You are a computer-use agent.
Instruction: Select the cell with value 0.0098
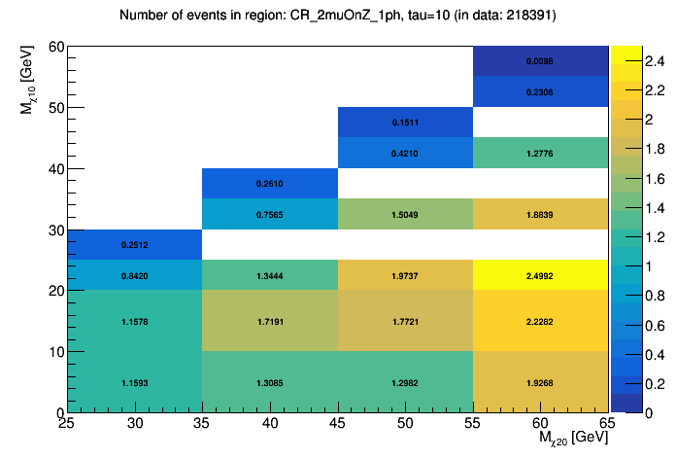point(540,61)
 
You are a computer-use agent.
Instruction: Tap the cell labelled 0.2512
point(134,244)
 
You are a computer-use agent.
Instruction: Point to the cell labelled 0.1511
point(405,123)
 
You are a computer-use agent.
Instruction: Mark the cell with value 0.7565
point(270,214)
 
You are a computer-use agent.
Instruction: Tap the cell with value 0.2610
point(270,184)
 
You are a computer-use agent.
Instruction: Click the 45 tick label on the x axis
point(337,425)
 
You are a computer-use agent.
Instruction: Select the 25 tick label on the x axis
point(67,425)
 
